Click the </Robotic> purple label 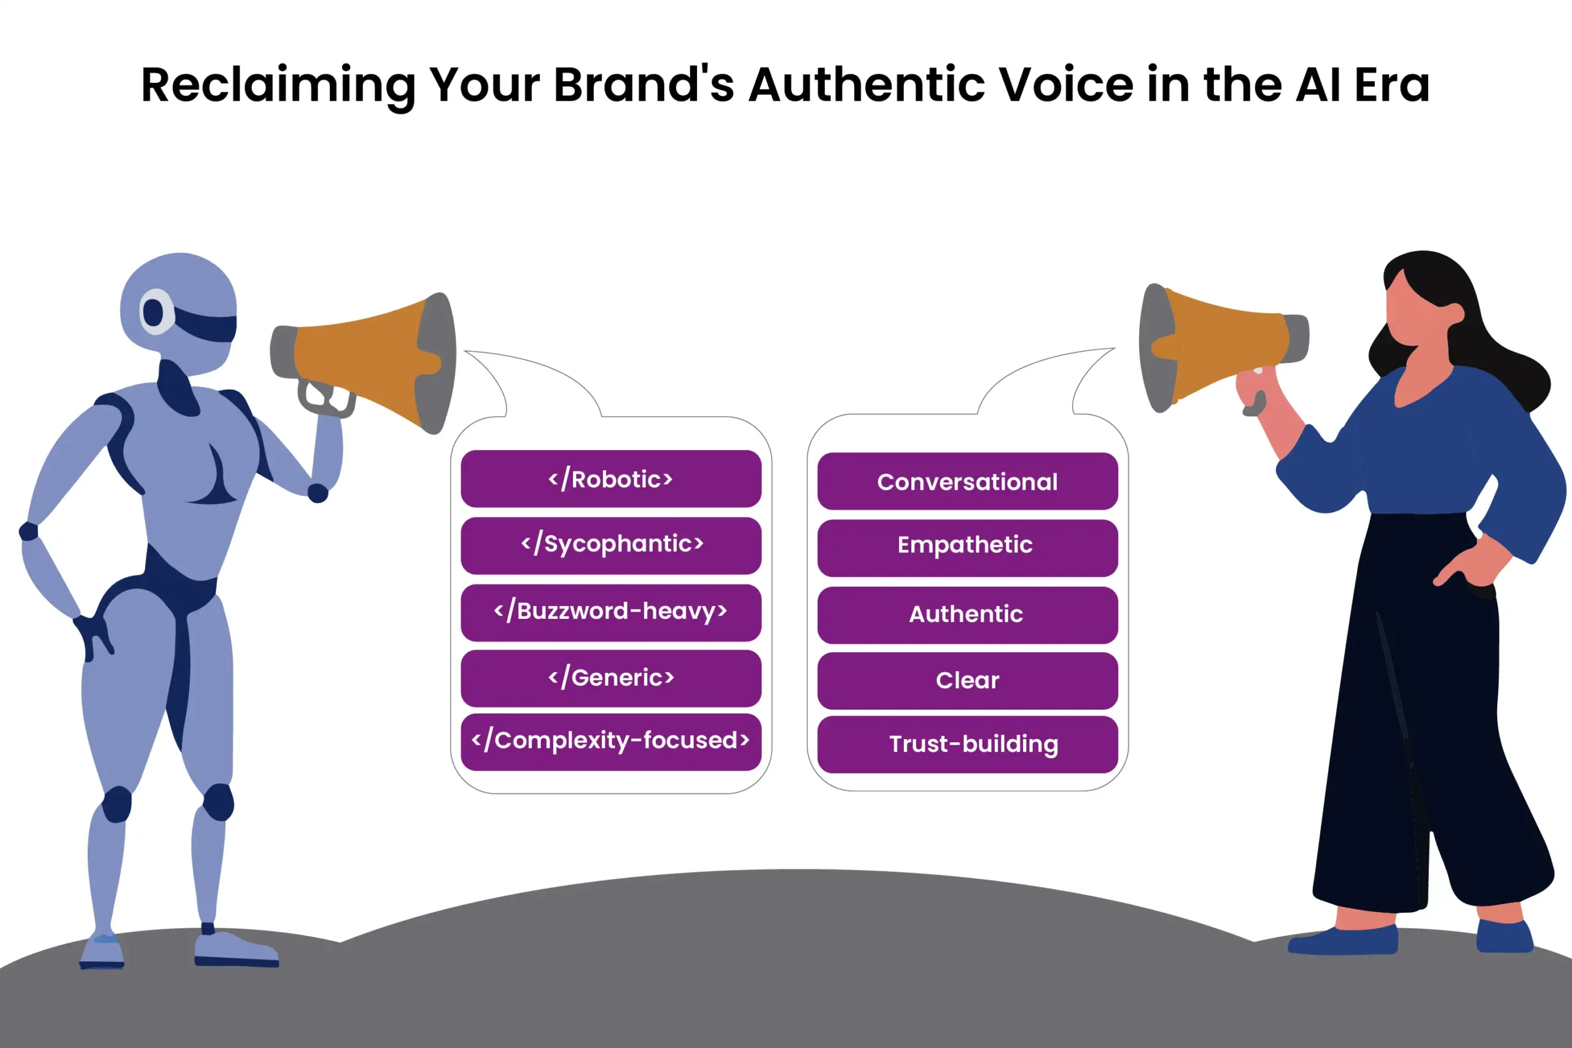611,478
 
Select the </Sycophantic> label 611,545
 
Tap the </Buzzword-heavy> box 611,613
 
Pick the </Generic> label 611,678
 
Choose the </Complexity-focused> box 611,742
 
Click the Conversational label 967,481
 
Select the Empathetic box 967,548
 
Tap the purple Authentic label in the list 967,615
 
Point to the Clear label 967,680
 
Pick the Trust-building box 967,745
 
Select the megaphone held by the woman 1223,347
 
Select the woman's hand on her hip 1464,565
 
